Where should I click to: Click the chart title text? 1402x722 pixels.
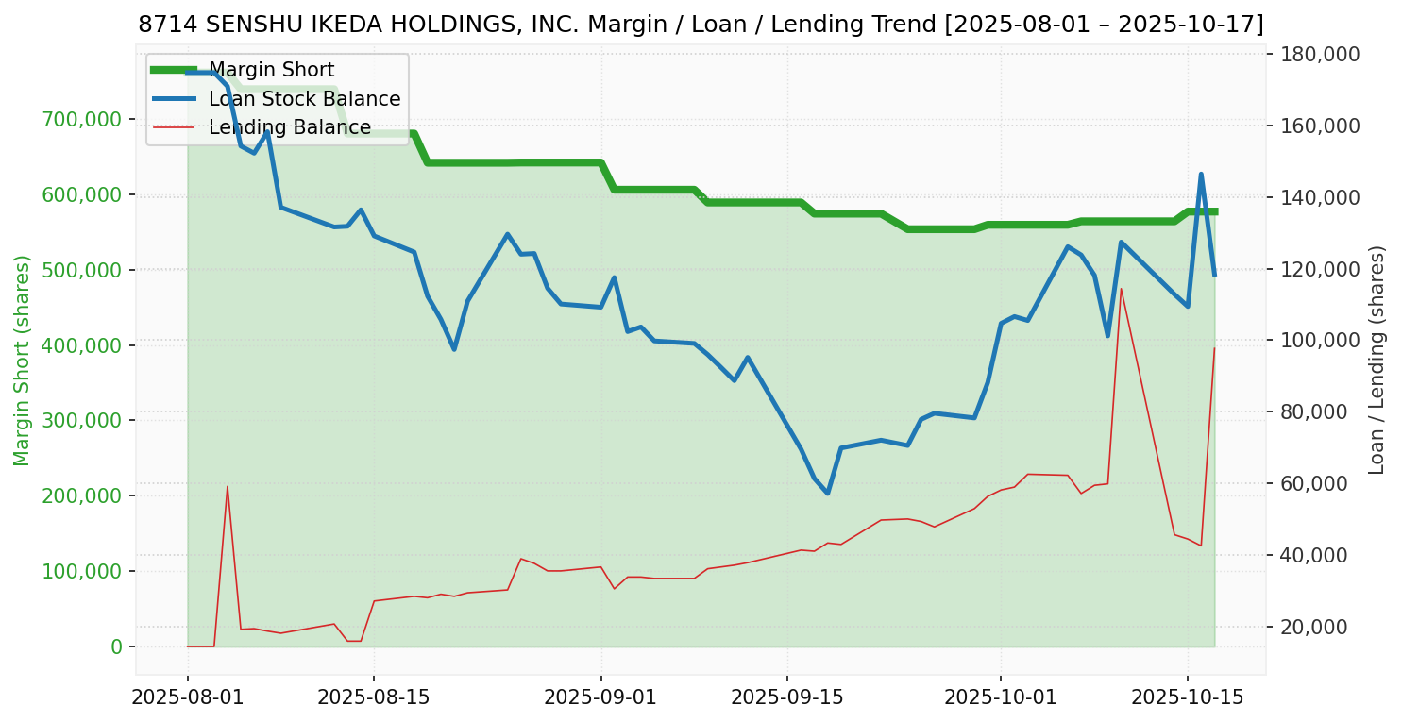point(701,25)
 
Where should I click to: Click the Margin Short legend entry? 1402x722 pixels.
point(271,70)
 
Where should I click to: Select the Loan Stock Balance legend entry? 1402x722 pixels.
point(304,99)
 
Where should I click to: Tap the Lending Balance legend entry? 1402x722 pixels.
point(289,127)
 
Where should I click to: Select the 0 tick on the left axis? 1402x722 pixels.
point(116,646)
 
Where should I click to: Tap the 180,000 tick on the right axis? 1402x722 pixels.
point(1320,54)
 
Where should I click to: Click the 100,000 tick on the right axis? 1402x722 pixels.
point(1320,341)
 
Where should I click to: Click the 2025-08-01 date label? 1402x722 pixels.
point(188,697)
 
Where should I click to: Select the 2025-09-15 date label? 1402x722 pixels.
point(786,697)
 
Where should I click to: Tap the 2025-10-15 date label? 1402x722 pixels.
point(1187,697)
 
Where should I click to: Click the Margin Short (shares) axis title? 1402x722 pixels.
point(22,361)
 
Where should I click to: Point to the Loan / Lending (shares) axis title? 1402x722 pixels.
point(1377,361)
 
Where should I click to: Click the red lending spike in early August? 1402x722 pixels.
point(228,487)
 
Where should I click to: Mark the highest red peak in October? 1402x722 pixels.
point(1121,289)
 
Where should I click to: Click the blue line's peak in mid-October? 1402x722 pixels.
point(1201,175)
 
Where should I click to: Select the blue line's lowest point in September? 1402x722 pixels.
point(827,494)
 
